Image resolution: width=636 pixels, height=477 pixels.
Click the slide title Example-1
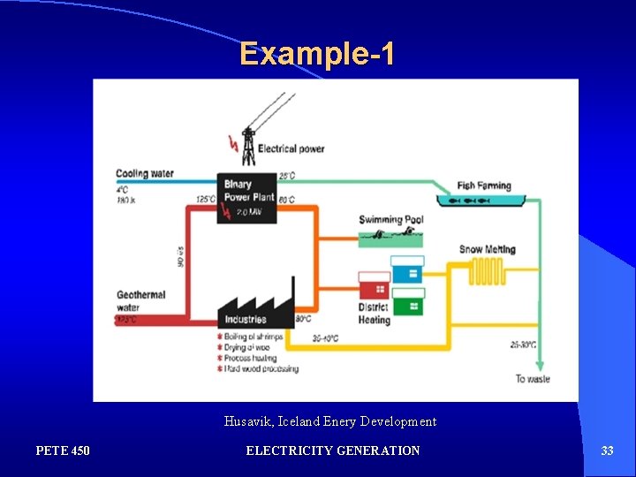pos(317,54)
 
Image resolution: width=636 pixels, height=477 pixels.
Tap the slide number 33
pos(607,450)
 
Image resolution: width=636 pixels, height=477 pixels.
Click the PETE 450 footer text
pos(63,450)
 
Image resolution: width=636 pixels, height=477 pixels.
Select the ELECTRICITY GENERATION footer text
pos(333,450)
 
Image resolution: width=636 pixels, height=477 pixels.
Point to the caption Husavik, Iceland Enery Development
pos(330,421)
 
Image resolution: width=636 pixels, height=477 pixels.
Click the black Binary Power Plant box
pos(247,198)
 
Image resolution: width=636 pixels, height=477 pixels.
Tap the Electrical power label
pos(291,148)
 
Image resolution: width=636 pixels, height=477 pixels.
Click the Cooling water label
pos(144,174)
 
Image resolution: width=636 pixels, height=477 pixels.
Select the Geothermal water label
pos(140,300)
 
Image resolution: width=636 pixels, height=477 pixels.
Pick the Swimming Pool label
pos(390,219)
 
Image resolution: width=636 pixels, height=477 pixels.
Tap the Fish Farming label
pos(483,185)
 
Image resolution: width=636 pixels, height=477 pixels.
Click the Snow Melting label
pos(487,249)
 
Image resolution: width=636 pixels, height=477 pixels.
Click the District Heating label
pos(374,314)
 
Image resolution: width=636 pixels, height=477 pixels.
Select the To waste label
pos(532,378)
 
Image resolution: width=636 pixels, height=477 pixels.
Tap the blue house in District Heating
pos(407,269)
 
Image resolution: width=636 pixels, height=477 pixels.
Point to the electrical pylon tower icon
pos(248,145)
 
